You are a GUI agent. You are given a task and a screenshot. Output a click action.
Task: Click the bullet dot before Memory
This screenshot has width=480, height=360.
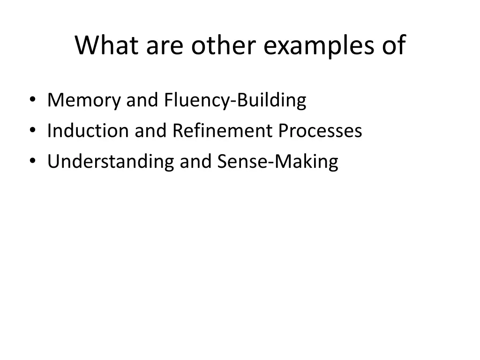point(32,100)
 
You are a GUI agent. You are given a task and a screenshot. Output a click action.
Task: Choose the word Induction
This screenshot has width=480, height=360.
point(88,131)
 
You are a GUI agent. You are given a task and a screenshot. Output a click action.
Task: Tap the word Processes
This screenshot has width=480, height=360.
point(320,131)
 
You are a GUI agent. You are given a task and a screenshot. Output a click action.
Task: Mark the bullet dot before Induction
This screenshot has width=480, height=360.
point(32,131)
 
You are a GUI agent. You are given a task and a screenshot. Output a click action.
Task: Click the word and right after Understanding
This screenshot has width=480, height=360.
point(196,161)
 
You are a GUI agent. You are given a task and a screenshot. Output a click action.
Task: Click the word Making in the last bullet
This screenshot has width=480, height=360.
point(307,162)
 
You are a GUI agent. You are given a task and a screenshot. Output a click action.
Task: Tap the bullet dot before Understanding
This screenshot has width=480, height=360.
point(32,161)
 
